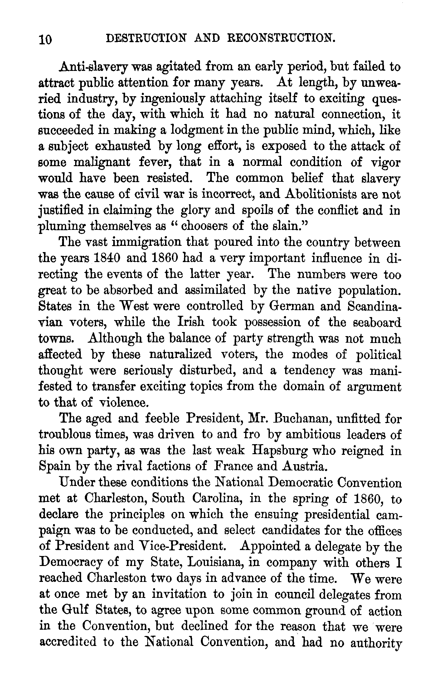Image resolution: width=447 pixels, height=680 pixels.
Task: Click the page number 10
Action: (46, 40)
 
